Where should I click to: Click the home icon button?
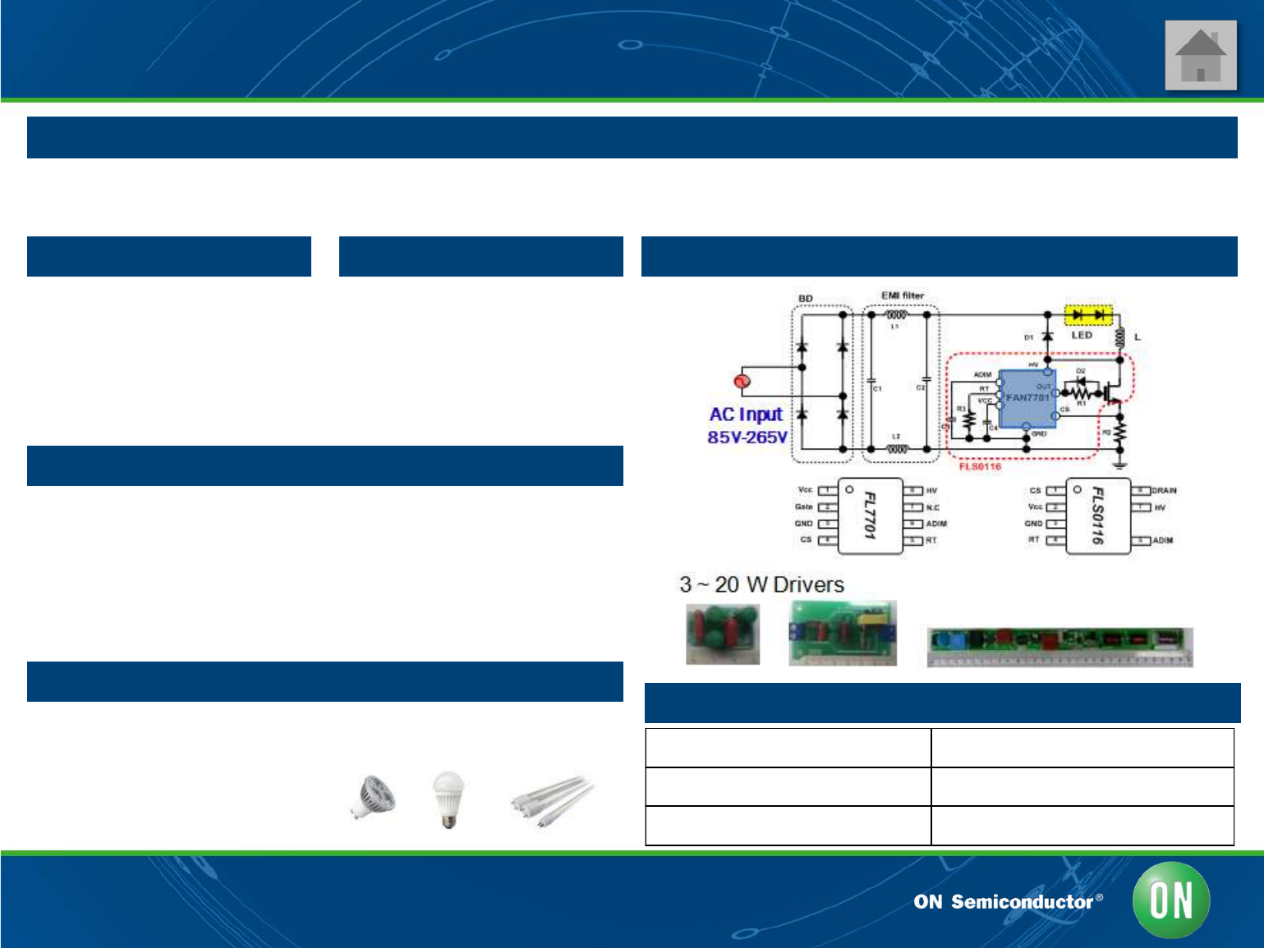(1200, 55)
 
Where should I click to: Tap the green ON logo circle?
(1170, 900)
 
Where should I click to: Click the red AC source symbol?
(742, 381)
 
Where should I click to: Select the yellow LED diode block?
(1088, 315)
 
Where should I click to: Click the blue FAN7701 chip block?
(1027, 398)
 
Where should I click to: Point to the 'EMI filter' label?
(902, 295)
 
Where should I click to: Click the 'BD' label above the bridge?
(806, 299)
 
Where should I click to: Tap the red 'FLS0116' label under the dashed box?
(980, 466)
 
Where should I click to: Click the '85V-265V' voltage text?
(747, 437)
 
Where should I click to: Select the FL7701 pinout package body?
(870, 515)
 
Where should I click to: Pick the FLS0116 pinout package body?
(1097, 515)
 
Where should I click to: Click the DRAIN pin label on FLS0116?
(1164, 491)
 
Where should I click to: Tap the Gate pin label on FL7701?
(803, 506)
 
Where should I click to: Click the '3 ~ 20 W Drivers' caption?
(761, 584)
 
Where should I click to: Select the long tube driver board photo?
(1059, 647)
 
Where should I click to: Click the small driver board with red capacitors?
(723, 634)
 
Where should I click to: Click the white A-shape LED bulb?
(448, 798)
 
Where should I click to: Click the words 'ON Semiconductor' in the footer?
(1002, 902)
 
